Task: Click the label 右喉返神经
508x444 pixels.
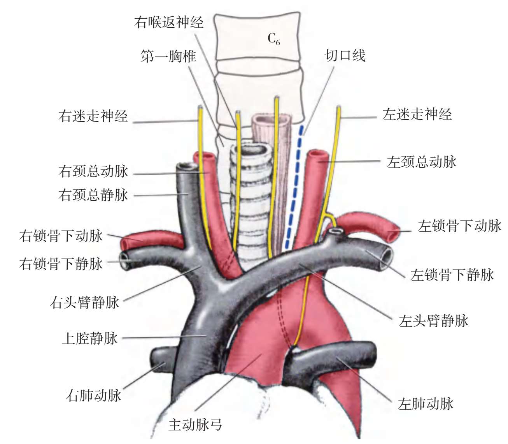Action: click(x=168, y=22)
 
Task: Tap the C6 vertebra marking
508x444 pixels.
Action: click(x=274, y=39)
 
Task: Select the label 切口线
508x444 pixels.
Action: click(x=345, y=55)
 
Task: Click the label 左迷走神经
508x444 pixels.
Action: click(x=417, y=115)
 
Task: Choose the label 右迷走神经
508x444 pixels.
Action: click(x=93, y=116)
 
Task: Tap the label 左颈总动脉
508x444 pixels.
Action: click(x=422, y=162)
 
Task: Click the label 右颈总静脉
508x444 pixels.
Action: click(x=93, y=195)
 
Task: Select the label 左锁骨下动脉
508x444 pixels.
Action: click(x=459, y=226)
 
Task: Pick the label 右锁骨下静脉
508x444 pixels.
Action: click(x=61, y=264)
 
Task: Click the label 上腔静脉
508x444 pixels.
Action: click(x=89, y=338)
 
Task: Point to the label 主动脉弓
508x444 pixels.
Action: click(x=195, y=425)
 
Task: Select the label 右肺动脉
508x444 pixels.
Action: click(x=94, y=395)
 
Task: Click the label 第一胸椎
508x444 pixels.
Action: click(x=168, y=56)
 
